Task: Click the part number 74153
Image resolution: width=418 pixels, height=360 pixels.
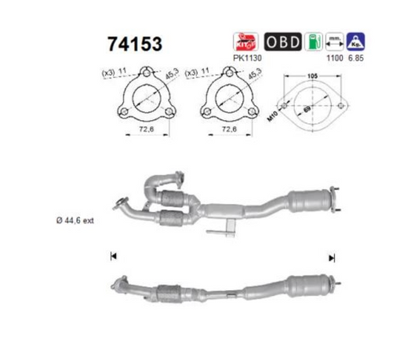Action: coord(129,44)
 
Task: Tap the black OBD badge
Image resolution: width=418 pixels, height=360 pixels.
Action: coord(283,41)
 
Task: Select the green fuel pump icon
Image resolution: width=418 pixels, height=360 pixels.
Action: coord(314,41)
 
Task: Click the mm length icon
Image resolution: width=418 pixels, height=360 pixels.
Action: coord(335,41)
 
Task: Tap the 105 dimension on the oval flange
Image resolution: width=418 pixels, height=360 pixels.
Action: coord(312,78)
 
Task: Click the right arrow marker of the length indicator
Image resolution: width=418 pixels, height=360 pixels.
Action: coord(333,256)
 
